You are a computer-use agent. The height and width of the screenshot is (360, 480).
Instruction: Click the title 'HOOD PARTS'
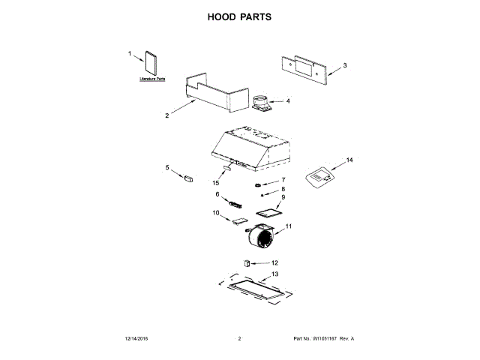[239, 16]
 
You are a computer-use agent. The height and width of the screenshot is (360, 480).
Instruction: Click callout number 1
[129, 54]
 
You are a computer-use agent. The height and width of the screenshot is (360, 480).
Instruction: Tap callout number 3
[345, 66]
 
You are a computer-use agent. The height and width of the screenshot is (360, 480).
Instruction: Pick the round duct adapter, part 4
[262, 101]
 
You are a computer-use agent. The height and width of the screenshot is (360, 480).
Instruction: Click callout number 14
[349, 160]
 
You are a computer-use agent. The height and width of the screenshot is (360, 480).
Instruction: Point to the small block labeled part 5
[188, 178]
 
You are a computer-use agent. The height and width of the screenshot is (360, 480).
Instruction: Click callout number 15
[216, 183]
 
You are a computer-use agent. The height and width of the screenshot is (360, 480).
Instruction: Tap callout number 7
[283, 181]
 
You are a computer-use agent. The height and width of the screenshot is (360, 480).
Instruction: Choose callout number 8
[283, 190]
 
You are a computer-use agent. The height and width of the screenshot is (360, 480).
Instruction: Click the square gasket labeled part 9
[268, 213]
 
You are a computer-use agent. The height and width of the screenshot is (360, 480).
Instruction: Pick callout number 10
[216, 213]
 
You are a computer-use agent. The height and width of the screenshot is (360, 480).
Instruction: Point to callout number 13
[274, 275]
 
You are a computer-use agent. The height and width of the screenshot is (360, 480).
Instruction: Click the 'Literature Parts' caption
[152, 78]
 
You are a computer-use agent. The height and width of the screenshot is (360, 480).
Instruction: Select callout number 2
[166, 115]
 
